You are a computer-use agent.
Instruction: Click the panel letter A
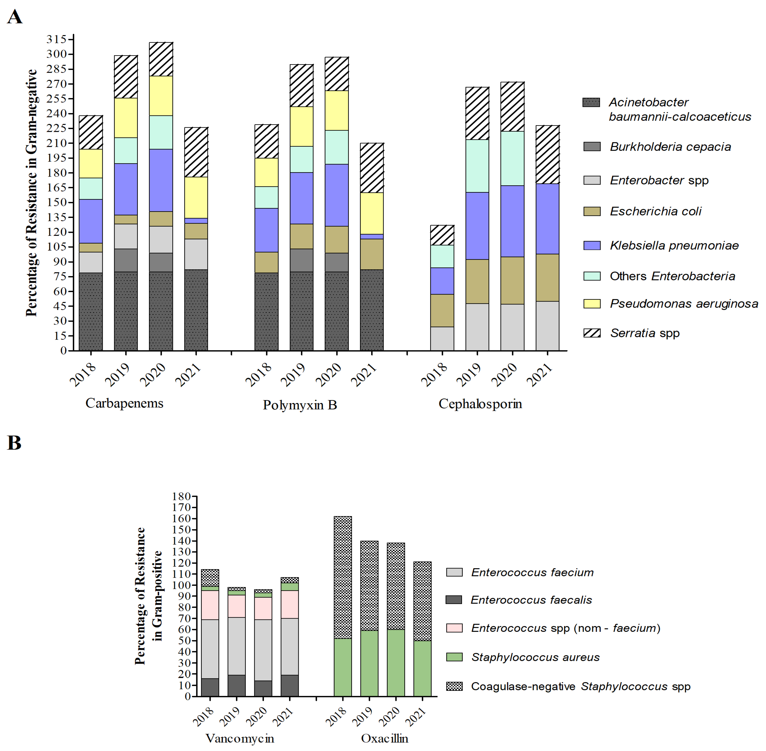tap(15, 17)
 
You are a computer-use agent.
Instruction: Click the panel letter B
tap(14, 443)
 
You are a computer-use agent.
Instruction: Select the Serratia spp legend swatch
tap(592, 333)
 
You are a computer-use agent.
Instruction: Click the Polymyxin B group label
tap(300, 405)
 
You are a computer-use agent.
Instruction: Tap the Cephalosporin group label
tap(480, 404)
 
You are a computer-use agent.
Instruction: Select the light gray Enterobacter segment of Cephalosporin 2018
tap(442, 338)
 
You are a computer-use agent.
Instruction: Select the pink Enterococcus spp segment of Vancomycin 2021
tap(290, 604)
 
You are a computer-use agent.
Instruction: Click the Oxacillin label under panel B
tap(384, 738)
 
